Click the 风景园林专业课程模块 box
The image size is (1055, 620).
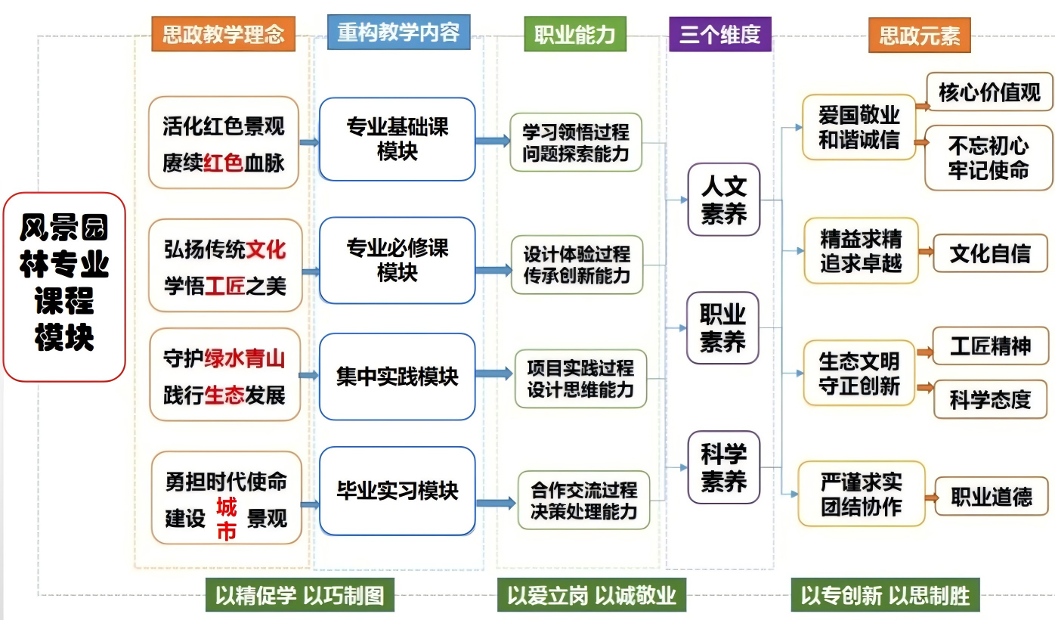point(64,287)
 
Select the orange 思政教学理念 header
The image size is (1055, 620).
point(223,35)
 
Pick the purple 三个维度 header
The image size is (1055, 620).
point(719,35)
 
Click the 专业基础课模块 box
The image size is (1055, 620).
point(397,139)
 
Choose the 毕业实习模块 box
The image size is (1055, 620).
point(397,491)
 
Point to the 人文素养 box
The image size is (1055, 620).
point(723,200)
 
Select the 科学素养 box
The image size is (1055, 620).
point(723,467)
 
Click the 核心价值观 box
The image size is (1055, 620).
point(989,92)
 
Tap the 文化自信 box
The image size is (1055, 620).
point(990,253)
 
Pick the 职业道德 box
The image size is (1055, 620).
point(991,497)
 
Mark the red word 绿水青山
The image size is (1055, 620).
point(244,358)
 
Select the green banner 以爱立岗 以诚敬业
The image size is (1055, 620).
point(591,595)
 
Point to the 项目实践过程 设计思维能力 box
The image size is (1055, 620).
point(580,379)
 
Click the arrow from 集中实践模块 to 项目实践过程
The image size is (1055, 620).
point(493,374)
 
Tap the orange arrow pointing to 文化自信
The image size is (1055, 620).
point(924,253)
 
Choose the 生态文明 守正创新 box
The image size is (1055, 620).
point(859,373)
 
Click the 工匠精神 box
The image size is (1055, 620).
point(990,346)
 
